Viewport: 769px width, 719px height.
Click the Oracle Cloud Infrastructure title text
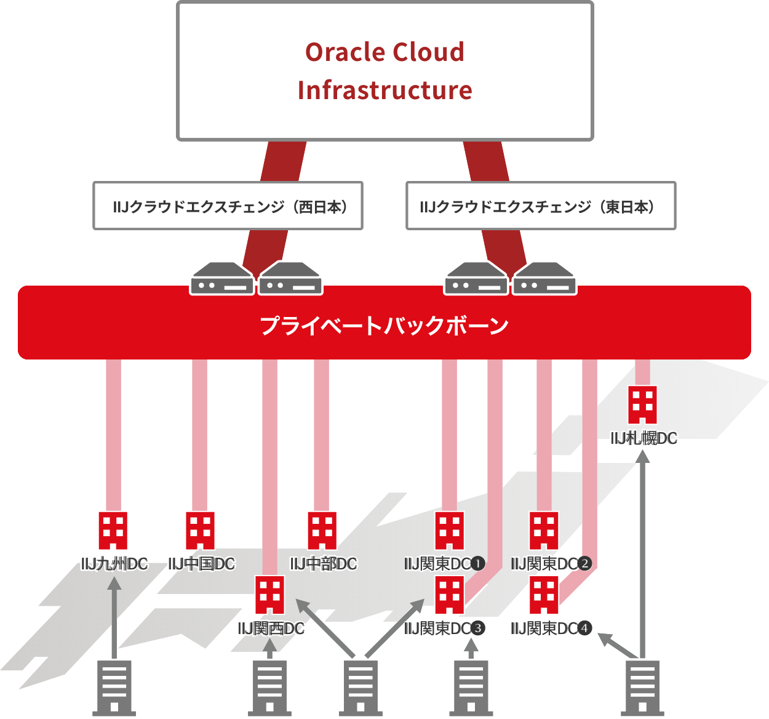pos(384,71)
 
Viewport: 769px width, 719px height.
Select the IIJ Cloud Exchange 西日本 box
pos(228,206)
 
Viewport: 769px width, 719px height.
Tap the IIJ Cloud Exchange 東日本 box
pos(541,206)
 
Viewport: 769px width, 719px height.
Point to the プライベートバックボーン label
pos(384,325)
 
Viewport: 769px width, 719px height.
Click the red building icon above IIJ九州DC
pos(113,531)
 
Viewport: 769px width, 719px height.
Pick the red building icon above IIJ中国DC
pos(200,531)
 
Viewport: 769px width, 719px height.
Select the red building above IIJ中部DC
pos(322,531)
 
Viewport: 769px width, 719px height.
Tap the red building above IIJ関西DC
pos(270,595)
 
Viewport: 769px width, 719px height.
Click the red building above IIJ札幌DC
pos(642,404)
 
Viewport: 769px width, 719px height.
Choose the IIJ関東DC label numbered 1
pos(444,563)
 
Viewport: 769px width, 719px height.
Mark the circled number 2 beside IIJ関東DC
pos(584,563)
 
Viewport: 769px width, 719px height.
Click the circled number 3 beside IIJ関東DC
pos(479,629)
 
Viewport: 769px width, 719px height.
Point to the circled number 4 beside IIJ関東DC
pos(585,629)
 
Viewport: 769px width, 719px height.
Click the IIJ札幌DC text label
pos(643,438)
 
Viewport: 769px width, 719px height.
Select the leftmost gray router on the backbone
pos(221,279)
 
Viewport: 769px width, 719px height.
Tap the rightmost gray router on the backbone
pos(544,279)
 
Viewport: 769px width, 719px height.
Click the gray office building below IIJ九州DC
pos(114,688)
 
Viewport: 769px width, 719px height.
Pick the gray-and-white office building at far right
pos(643,688)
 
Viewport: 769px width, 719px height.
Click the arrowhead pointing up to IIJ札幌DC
pos(642,456)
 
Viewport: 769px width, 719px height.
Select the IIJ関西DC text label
pos(271,629)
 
